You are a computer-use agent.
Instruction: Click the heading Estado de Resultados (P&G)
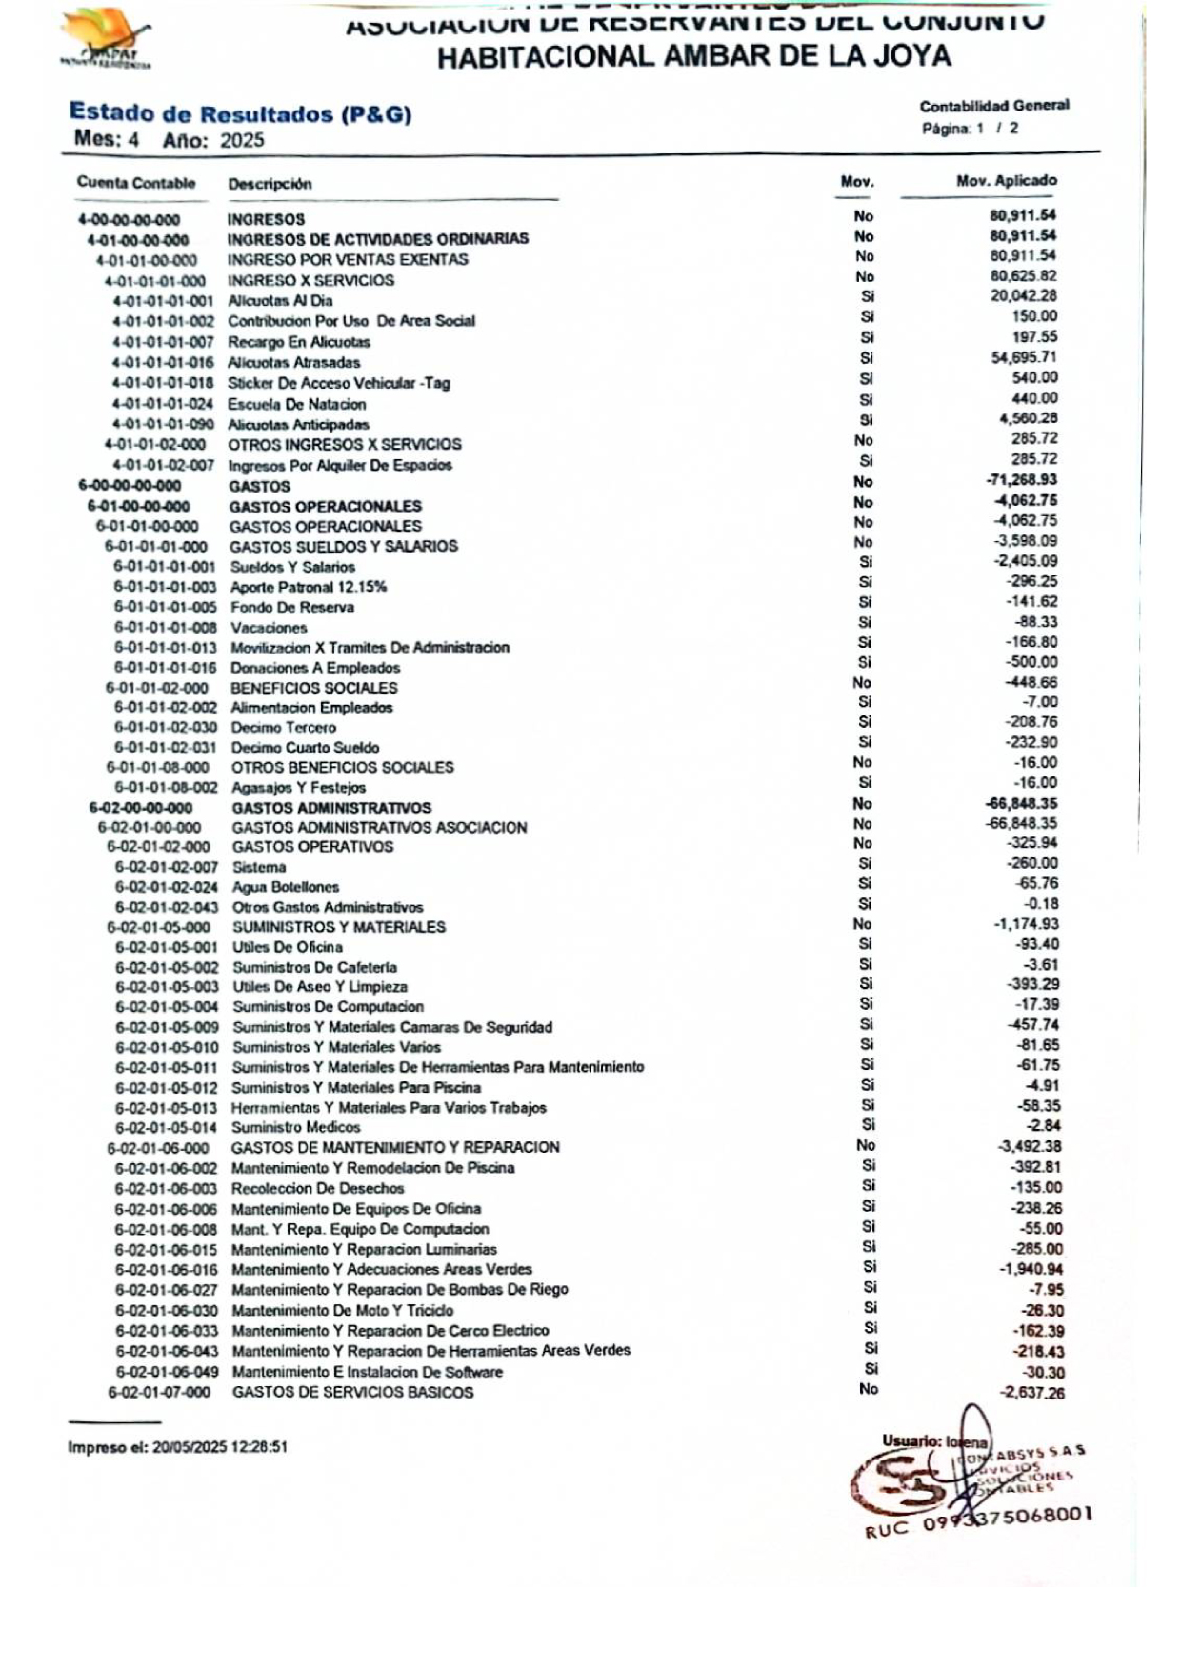(240, 114)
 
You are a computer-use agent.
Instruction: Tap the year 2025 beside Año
(242, 140)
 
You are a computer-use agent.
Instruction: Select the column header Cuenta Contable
(136, 183)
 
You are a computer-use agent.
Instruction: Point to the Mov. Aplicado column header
(1006, 180)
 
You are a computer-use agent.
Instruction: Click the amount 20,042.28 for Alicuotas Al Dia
(1023, 296)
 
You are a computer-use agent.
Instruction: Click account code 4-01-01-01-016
(162, 362)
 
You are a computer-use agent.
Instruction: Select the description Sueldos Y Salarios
(292, 567)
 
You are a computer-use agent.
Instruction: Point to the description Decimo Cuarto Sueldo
(305, 748)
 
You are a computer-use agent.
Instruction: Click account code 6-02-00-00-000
(141, 808)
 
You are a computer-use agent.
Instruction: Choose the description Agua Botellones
(286, 887)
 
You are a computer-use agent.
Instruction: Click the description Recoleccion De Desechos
(317, 1188)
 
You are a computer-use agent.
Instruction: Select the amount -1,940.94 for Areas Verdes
(1031, 1269)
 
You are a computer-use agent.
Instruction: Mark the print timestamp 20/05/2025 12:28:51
(219, 1447)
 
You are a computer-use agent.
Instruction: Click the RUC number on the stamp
(1006, 1517)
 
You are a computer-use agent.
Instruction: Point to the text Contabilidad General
(994, 106)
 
